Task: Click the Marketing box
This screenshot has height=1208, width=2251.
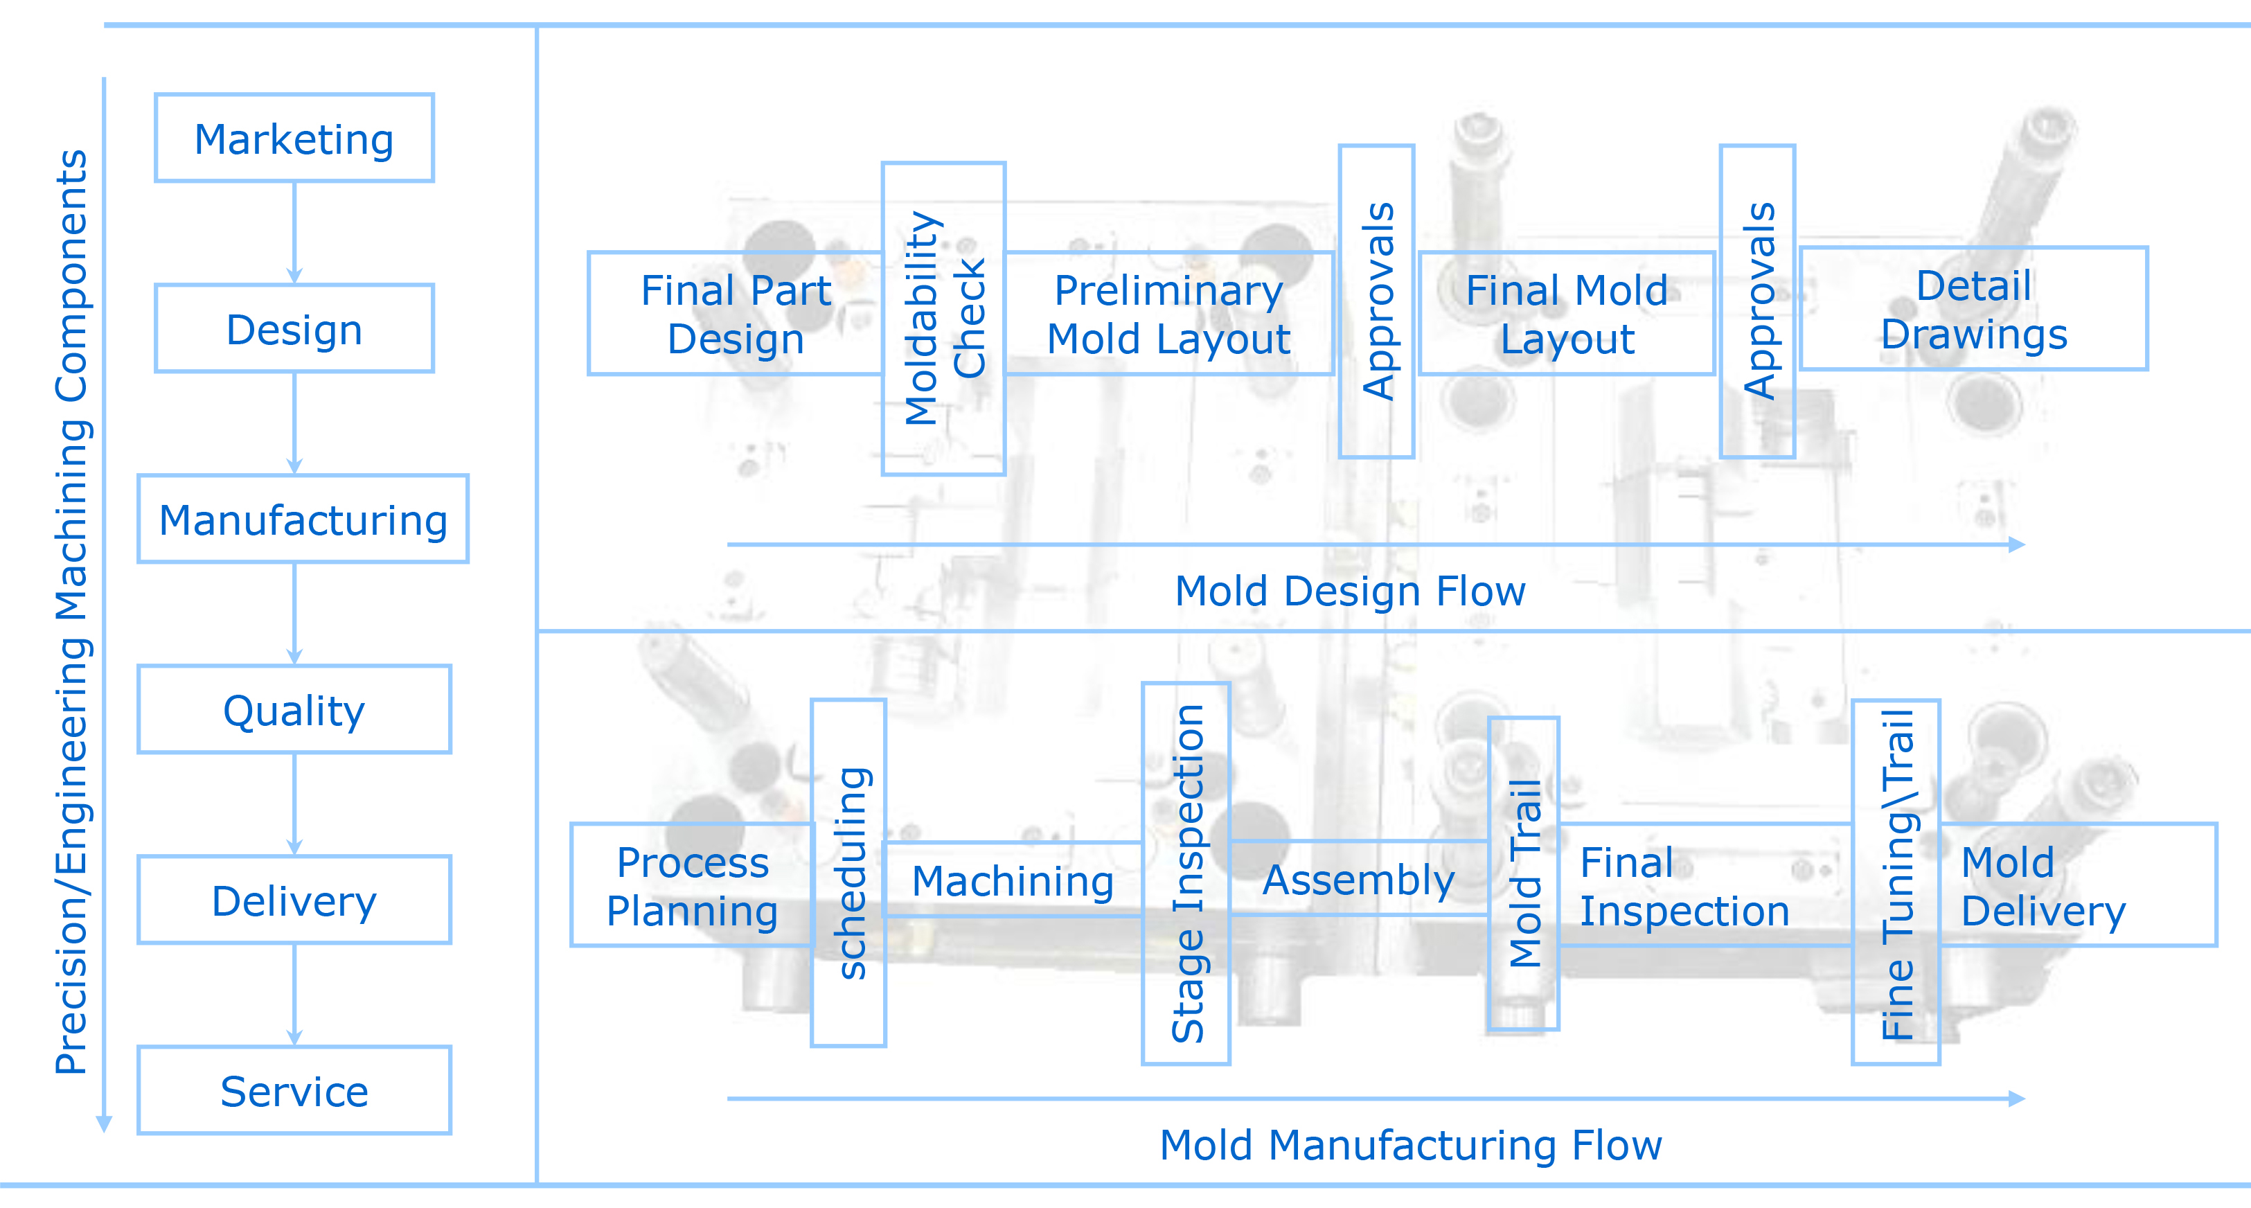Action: click(x=294, y=138)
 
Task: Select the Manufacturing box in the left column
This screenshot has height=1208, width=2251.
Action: click(x=303, y=519)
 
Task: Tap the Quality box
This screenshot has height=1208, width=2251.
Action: click(x=294, y=710)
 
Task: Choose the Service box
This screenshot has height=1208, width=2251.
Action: click(x=294, y=1091)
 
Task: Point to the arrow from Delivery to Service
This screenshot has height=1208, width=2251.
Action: click(x=294, y=995)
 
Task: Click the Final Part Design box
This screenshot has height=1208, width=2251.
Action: click(x=735, y=314)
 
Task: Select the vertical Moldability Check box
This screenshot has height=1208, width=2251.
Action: click(x=944, y=318)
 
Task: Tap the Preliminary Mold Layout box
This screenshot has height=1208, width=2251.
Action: click(x=1168, y=314)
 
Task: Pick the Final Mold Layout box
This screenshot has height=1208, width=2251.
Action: click(x=1567, y=314)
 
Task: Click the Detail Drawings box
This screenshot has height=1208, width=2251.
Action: click(x=1973, y=308)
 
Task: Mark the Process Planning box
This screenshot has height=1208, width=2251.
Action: click(x=692, y=885)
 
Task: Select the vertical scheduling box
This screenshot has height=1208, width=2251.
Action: click(x=848, y=872)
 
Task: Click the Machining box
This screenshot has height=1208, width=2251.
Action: click(x=1013, y=880)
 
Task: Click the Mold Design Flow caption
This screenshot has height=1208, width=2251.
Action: click(x=1349, y=591)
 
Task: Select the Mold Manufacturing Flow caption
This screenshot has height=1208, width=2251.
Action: click(x=1410, y=1144)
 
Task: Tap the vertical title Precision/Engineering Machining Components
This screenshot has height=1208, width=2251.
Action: click(x=71, y=612)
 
